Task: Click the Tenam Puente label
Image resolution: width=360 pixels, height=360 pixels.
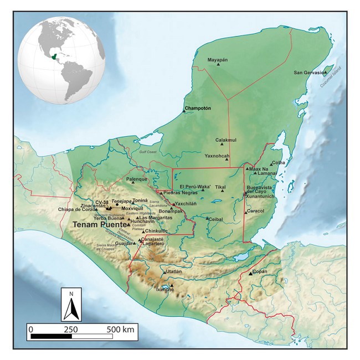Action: point(100,225)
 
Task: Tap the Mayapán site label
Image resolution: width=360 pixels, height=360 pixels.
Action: point(218,59)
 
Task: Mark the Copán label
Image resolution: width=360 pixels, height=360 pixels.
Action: point(260,271)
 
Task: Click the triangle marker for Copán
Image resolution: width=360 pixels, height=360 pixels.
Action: point(251,273)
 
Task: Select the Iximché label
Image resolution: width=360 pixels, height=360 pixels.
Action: point(165,290)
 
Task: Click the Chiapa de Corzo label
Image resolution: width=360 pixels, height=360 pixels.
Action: point(77,209)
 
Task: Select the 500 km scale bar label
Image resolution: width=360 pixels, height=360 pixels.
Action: point(120,330)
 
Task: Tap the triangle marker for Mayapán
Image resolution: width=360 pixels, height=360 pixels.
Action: point(218,65)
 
